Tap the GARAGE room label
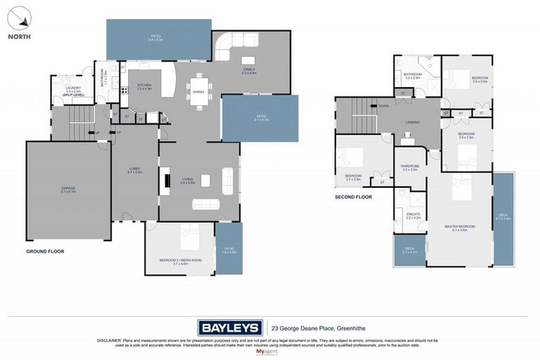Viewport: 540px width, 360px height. point(68,188)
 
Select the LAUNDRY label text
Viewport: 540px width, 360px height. point(74,88)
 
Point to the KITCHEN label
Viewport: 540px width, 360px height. point(145,84)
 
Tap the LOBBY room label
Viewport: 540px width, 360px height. point(135,168)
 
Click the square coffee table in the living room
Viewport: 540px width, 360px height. point(205,181)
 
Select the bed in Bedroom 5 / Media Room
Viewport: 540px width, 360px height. point(191,237)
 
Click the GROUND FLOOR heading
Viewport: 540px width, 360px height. point(45,251)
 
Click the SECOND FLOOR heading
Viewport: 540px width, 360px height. point(353,197)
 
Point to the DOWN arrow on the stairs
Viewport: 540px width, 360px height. point(382,106)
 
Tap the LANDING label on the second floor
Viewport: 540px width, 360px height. point(413,122)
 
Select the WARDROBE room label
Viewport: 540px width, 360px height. point(410,167)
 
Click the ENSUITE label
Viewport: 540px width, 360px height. point(413,214)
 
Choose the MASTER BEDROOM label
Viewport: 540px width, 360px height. point(459,226)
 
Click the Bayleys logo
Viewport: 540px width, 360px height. point(230,327)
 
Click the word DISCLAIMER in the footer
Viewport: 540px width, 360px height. point(110,340)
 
